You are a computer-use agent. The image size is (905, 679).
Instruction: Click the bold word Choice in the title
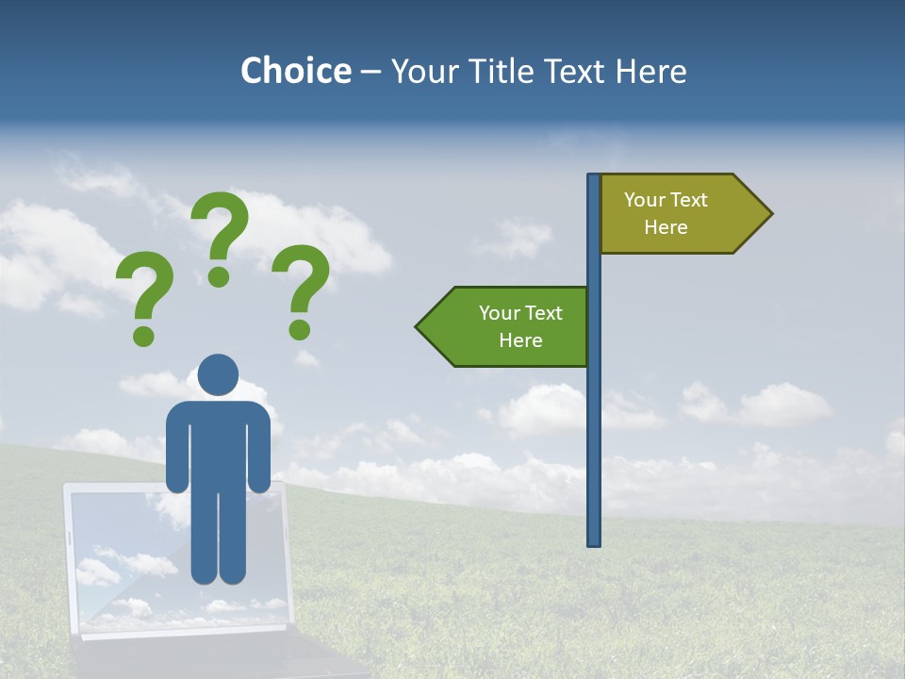(295, 71)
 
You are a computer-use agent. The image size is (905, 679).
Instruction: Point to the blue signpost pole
(594, 424)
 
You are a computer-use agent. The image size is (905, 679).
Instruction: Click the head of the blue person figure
(219, 374)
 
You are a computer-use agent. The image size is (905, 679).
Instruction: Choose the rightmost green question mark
(301, 288)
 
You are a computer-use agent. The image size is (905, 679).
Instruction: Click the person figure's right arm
(259, 448)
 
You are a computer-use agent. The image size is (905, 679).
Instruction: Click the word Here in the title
(650, 71)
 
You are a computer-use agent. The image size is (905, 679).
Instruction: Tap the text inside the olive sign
(666, 213)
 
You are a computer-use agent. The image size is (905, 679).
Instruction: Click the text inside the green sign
(520, 326)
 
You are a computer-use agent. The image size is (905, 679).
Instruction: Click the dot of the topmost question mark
(219, 276)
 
